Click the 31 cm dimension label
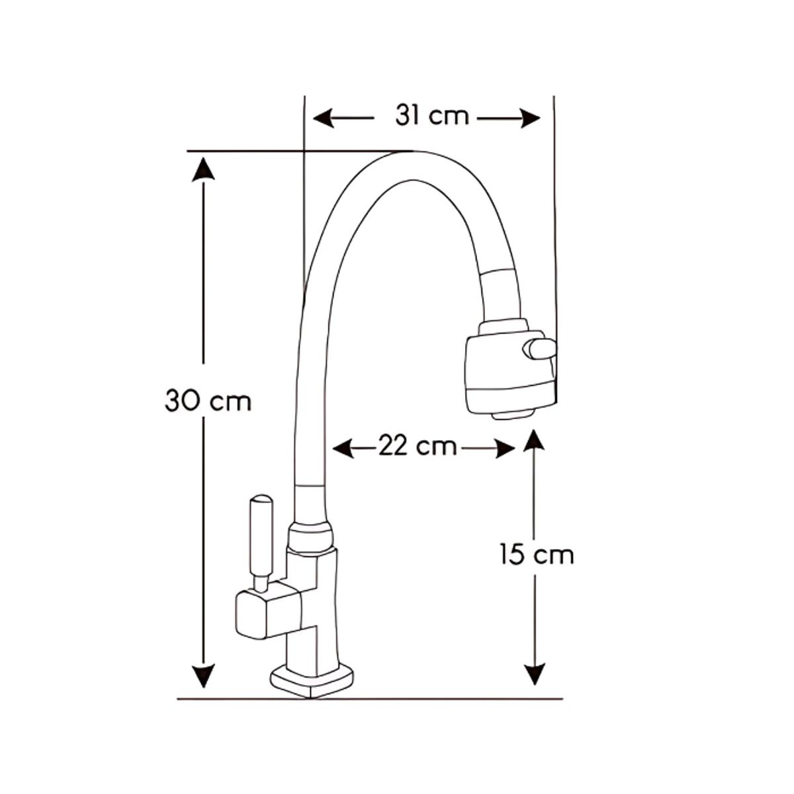tap(432, 116)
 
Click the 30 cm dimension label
tap(208, 401)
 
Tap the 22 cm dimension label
tap(418, 447)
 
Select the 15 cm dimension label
tap(537, 554)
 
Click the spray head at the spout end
tap(508, 372)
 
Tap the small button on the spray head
tap(540, 349)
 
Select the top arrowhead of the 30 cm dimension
tap(203, 168)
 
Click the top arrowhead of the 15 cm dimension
tap(534, 441)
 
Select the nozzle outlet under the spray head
tap(513, 415)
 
